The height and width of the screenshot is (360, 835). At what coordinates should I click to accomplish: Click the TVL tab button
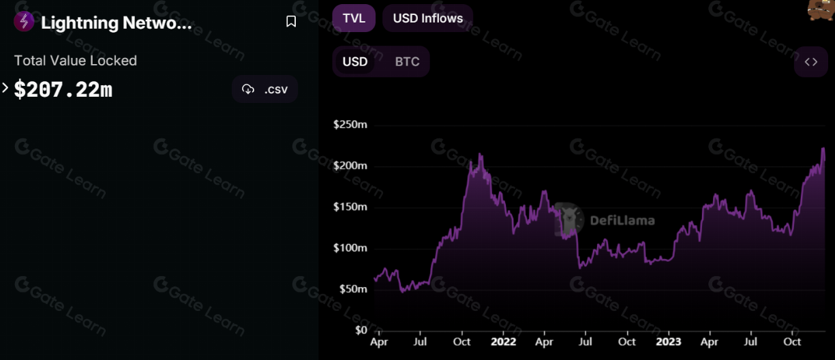tap(354, 18)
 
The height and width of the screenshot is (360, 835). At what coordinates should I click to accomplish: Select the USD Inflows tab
tap(427, 18)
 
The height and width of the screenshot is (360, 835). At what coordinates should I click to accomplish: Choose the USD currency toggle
tap(354, 62)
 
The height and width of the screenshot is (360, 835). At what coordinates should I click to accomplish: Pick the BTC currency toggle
tap(407, 62)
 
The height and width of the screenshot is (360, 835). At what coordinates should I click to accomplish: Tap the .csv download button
tap(265, 89)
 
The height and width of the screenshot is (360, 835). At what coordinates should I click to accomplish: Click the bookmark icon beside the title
tap(291, 22)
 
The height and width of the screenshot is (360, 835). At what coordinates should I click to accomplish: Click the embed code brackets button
tap(810, 62)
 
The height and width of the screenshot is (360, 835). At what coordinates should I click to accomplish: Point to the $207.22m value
tap(63, 89)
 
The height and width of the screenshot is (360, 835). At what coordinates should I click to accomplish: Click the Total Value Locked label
tap(76, 61)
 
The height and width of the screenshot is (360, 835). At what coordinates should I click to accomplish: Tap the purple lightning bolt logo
tap(24, 22)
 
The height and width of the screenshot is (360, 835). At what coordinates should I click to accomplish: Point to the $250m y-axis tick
tap(350, 125)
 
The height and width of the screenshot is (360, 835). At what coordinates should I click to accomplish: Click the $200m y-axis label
tap(350, 166)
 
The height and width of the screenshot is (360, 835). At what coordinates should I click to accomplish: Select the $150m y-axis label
tap(350, 207)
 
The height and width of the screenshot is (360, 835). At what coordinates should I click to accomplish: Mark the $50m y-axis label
tap(352, 289)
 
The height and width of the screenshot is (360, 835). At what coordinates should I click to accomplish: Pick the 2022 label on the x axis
tap(503, 342)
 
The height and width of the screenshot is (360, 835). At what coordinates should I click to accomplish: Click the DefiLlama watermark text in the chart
tap(622, 220)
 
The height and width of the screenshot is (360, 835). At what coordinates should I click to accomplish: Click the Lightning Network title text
tap(117, 22)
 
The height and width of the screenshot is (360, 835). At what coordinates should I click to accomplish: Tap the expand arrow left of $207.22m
tap(5, 88)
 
